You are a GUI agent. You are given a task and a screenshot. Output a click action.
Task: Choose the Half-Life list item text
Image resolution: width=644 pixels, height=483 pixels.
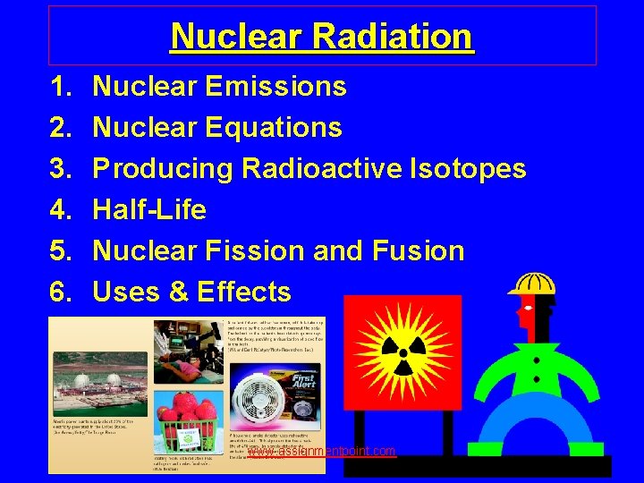[149, 209]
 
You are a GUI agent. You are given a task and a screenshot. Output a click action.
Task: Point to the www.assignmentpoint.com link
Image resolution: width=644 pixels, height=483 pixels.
[321, 452]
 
